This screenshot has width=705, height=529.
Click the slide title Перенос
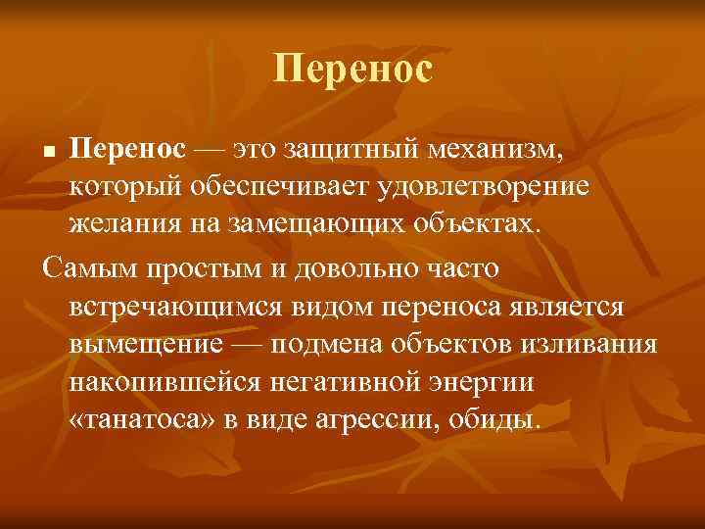point(352,69)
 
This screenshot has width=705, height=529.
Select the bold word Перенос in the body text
point(127,151)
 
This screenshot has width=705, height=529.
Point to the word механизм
point(495,151)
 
